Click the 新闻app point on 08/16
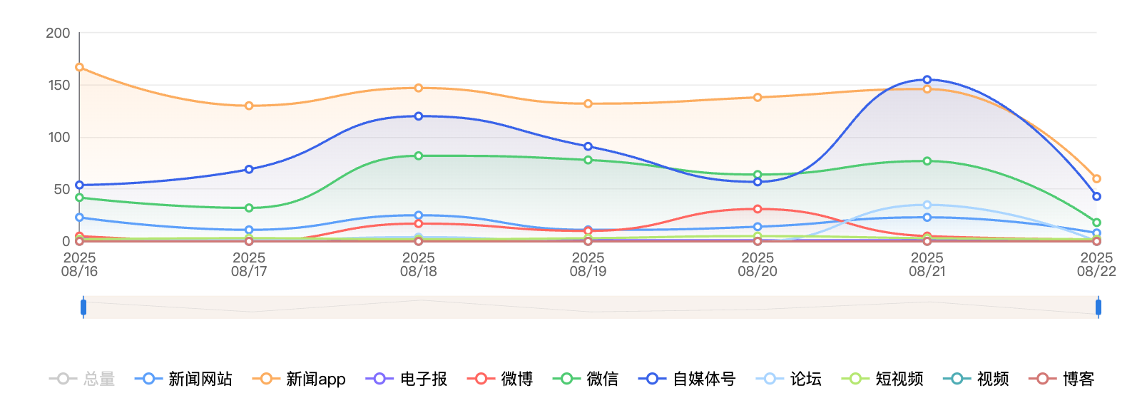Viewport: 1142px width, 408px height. pos(79,67)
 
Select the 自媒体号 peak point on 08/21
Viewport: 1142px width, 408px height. pos(927,80)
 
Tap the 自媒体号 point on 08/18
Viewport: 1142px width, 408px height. pos(419,116)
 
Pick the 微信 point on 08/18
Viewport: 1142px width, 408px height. pos(419,155)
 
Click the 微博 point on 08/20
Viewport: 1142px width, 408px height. pos(758,209)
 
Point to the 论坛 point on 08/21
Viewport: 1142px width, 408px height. pos(927,205)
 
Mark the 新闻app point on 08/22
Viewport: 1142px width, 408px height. pos(1097,179)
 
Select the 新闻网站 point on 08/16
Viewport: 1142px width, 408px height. pos(79,218)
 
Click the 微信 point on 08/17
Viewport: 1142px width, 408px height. pos(249,208)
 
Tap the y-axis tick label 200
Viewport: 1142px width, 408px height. pos(58,33)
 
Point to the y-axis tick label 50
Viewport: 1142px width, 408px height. pos(61,189)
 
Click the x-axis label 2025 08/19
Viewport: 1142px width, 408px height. pos(588,264)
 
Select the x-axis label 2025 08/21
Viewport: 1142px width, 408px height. pos(927,264)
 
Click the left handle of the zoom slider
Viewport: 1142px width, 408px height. pos(83,307)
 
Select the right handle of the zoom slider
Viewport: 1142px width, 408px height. pos(1098,307)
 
